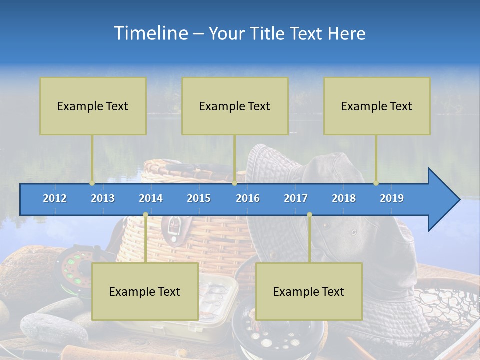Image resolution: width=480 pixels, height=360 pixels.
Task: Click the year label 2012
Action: click(x=55, y=198)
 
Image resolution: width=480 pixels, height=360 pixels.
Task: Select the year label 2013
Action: click(x=103, y=198)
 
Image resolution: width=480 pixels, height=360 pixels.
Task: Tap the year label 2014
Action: click(x=151, y=198)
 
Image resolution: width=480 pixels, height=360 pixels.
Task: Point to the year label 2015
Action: click(x=199, y=198)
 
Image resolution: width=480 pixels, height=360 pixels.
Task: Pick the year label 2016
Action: click(x=248, y=198)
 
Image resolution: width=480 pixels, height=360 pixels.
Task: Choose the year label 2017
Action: click(x=296, y=198)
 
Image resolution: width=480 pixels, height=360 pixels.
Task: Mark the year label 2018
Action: click(x=344, y=198)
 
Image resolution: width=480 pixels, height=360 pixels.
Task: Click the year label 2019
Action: click(x=392, y=198)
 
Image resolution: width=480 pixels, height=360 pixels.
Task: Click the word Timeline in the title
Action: click(x=150, y=33)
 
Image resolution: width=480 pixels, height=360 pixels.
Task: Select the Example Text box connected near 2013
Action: click(x=93, y=106)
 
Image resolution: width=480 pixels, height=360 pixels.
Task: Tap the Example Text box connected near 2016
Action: click(x=235, y=106)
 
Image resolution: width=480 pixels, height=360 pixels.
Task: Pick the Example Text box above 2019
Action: click(x=377, y=106)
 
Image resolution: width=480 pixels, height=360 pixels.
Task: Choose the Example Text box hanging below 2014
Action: click(x=145, y=292)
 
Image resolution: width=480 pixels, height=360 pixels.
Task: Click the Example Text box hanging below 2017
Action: click(x=309, y=292)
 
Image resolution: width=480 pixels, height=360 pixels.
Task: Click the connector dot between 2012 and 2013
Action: click(x=92, y=183)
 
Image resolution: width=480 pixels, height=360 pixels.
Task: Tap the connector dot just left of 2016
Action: click(x=234, y=183)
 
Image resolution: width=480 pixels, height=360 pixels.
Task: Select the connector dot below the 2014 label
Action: click(x=145, y=215)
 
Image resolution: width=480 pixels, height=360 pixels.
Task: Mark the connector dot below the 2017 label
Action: click(x=309, y=215)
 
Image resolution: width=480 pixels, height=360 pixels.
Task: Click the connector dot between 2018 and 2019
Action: click(x=376, y=183)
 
